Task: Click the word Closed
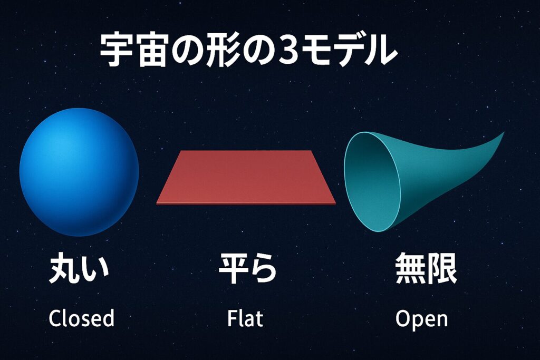tap(81, 318)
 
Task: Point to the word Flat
tap(245, 318)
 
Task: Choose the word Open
tap(421, 319)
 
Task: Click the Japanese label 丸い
tap(79, 270)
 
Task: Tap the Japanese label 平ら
tap(247, 270)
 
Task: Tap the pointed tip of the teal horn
tap(502, 134)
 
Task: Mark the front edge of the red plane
tap(246, 202)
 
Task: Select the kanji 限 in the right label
tap(442, 270)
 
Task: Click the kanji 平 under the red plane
tap(233, 270)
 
